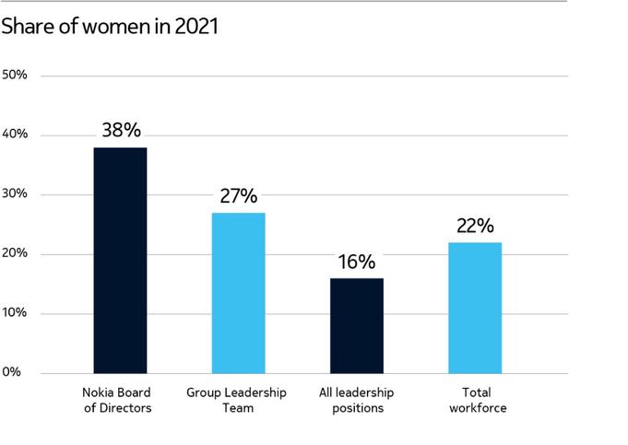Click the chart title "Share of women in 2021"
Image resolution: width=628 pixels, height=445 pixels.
[x=110, y=28]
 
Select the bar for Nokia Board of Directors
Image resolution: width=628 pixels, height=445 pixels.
[x=120, y=260]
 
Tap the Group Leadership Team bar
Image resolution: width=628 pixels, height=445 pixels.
[x=238, y=293]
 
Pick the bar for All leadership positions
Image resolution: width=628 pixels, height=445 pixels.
[x=357, y=325]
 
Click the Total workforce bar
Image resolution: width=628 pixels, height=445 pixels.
[x=475, y=308]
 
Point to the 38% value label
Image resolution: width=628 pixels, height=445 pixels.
[x=121, y=130]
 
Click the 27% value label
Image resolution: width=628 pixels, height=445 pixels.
[x=238, y=195]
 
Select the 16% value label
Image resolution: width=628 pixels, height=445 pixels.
[x=357, y=261]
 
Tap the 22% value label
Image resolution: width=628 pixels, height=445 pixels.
[x=475, y=226]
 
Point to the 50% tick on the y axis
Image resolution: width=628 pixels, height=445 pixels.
[x=16, y=75]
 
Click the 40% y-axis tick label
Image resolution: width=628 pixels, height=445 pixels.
[x=16, y=135]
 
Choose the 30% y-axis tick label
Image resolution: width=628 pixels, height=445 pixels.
[x=16, y=194]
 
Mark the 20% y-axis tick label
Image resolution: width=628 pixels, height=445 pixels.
[x=16, y=253]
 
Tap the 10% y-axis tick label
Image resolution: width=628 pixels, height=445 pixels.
[x=16, y=313]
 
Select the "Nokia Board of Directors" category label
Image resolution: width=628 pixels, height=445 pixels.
[x=116, y=401]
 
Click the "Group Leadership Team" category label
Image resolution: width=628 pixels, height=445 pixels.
[x=236, y=401]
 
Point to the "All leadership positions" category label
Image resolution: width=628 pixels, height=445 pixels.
[x=355, y=401]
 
